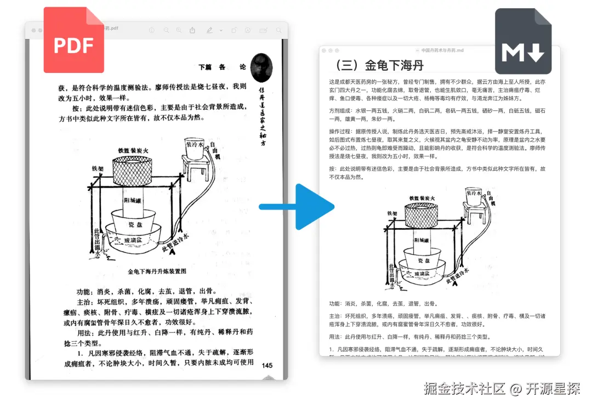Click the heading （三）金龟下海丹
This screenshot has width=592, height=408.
click(378, 66)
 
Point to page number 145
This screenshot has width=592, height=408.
click(268, 365)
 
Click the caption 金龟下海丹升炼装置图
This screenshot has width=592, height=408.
click(157, 271)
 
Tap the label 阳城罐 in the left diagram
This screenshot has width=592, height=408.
click(134, 200)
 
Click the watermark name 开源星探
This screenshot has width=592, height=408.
click(551, 389)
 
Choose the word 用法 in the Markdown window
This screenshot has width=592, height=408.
click(336, 337)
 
